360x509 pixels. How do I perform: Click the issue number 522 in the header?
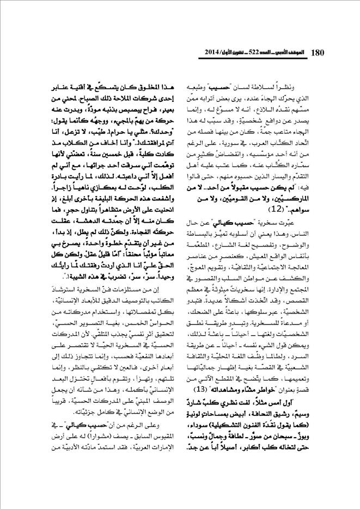[x=252, y=53]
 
